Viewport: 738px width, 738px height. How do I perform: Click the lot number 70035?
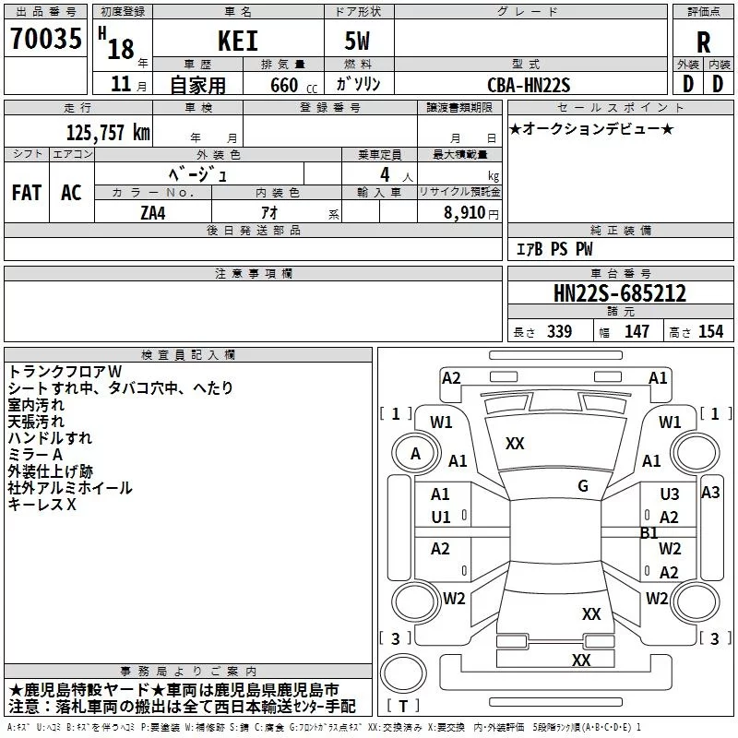46,39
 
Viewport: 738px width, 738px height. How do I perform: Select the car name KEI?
238,41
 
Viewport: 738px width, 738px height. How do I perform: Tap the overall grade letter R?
703,42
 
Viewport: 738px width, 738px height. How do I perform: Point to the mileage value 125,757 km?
108,133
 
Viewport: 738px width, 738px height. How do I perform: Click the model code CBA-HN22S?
529,85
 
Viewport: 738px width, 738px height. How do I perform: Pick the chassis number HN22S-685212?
620,293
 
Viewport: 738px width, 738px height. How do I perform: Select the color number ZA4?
153,213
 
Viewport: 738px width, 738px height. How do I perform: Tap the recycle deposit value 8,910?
465,213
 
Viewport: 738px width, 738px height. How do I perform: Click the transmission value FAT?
27,193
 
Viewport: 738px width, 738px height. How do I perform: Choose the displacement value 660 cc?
293,86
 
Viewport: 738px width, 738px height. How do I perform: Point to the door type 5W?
357,41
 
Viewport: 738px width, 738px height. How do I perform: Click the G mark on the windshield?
583,486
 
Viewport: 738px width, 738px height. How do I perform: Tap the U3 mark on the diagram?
670,494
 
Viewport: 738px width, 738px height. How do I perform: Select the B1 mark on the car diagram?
649,533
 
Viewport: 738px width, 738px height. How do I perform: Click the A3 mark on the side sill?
710,493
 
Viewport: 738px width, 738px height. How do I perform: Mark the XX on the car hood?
515,444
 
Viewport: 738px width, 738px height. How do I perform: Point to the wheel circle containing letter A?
415,454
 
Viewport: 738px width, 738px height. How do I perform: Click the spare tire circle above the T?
403,673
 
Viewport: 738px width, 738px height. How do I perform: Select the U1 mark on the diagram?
441,518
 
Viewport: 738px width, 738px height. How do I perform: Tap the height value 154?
710,331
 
